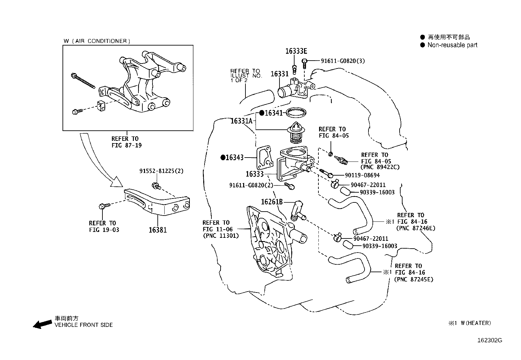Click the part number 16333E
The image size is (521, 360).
296,51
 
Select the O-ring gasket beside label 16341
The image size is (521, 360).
296,113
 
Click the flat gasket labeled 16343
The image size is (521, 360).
264,157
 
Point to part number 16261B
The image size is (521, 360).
271,202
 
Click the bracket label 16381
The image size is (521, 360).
158,230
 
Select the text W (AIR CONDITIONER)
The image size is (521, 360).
97,41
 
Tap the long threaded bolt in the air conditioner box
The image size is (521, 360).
83,81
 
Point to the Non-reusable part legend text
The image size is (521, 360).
452,45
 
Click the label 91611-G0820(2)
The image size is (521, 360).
251,185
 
